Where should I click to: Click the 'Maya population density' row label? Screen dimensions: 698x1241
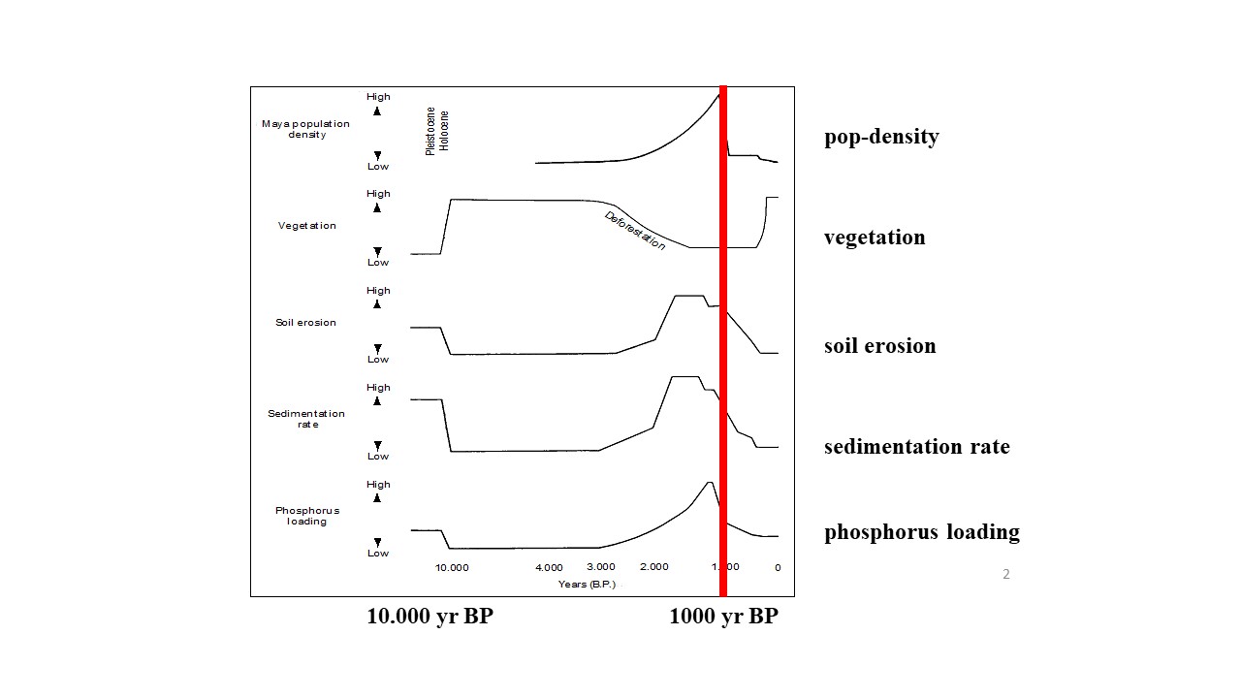pos(306,129)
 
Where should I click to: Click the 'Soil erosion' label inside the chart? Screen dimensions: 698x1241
pos(305,322)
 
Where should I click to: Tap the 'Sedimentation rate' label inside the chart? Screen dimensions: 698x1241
pos(306,419)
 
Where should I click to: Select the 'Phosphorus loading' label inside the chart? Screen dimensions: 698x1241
pos(306,516)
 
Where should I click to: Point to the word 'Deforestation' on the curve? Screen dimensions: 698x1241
pos(635,231)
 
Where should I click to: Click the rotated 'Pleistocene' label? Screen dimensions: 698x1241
pos(431,131)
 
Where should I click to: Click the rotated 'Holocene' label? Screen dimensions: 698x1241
pos(445,130)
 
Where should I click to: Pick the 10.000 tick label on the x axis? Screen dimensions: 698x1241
pos(452,567)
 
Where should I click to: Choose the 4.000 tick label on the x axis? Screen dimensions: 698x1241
pos(549,567)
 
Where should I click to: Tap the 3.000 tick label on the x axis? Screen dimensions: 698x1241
pos(600,567)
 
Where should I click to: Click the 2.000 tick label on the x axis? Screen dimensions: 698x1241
pos(653,567)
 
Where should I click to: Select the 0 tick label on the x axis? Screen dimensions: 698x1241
pos(778,567)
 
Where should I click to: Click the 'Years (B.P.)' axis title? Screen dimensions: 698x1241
pos(587,584)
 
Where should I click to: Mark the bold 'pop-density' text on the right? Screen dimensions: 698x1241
pos(881,137)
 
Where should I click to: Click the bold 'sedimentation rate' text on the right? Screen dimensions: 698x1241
pos(916,447)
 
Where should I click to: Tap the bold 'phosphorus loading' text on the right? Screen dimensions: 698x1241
pos(921,532)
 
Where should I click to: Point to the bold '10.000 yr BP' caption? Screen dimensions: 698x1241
pos(430,617)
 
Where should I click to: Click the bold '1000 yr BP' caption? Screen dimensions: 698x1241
pos(723,617)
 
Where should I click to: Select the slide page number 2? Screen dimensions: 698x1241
pos(1005,574)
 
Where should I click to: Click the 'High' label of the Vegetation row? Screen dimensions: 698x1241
pos(378,194)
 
